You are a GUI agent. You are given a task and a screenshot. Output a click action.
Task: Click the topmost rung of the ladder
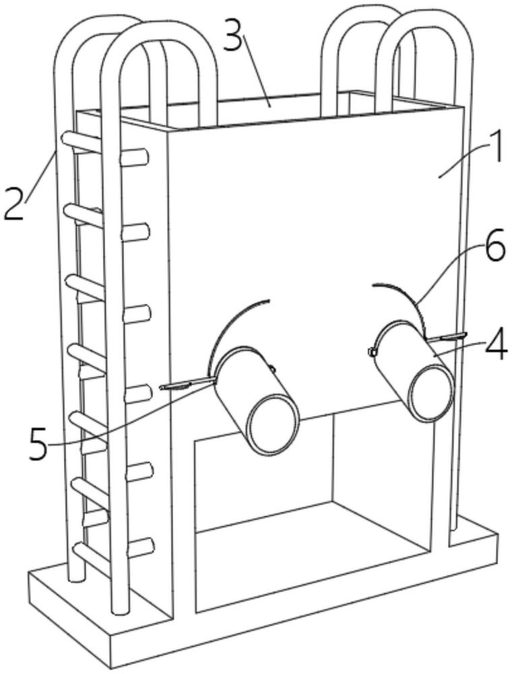[x=84, y=144]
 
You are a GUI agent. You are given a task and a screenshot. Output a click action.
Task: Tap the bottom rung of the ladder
[x=91, y=557]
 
